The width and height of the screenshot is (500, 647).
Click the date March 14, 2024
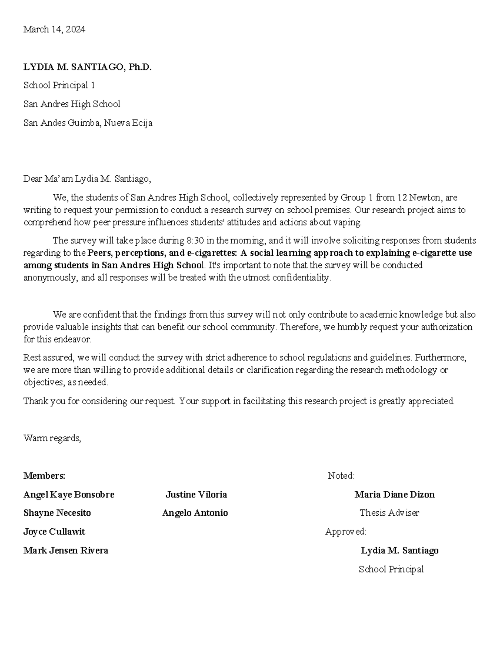click(x=54, y=29)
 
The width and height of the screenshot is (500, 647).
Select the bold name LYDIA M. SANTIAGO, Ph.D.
click(x=87, y=67)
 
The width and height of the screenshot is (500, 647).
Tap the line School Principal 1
click(x=59, y=85)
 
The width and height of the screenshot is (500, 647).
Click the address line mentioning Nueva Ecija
click(x=87, y=123)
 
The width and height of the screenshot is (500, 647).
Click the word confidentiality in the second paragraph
click(x=302, y=277)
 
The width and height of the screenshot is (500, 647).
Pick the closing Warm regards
click(x=52, y=438)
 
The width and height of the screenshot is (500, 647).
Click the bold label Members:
click(x=44, y=475)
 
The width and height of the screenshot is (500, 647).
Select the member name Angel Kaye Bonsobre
click(x=69, y=495)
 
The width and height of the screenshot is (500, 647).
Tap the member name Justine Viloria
click(x=196, y=495)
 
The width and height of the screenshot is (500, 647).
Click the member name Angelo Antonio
click(x=195, y=513)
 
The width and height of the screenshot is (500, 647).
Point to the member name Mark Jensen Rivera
click(x=66, y=550)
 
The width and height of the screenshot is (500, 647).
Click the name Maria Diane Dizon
click(x=394, y=495)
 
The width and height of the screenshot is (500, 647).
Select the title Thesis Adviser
click(x=389, y=513)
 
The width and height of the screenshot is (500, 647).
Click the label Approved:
click(x=345, y=532)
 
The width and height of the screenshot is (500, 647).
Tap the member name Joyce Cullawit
click(x=54, y=532)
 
